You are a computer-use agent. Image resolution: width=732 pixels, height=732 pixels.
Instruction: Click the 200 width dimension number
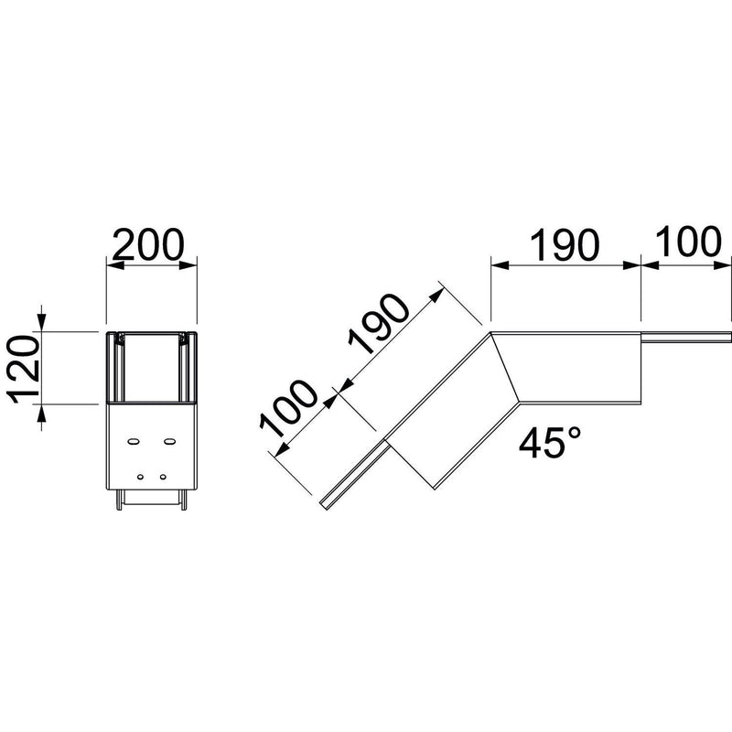click(148, 244)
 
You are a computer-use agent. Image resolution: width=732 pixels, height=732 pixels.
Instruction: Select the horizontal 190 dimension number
click(564, 244)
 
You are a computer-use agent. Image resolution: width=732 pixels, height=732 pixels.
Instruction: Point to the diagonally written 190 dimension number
click(379, 326)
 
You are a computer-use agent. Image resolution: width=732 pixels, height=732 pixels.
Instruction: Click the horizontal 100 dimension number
click(688, 242)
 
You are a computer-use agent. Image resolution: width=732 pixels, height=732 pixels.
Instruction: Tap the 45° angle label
click(550, 443)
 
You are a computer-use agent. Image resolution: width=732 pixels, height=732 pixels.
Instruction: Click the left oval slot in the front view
click(133, 441)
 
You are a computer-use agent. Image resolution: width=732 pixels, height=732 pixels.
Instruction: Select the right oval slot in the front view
click(169, 441)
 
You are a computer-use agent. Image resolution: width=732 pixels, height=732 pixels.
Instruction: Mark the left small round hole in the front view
click(140, 477)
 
